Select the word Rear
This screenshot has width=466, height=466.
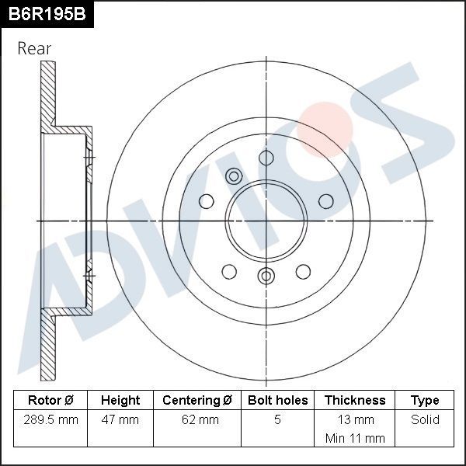34,48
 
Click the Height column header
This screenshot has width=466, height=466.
120,400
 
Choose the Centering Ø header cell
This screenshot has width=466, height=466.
197,400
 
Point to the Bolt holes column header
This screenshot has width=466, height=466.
277,400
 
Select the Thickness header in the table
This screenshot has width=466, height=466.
354,400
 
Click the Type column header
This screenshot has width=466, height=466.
425,400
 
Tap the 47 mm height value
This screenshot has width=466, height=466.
120,420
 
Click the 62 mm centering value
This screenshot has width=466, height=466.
197,420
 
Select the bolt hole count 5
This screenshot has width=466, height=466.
277,420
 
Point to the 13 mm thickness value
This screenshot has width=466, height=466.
354,420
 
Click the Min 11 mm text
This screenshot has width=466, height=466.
354,438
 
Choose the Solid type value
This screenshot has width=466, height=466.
425,420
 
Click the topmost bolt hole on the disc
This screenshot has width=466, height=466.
266,158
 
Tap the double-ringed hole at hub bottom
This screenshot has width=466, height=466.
266,276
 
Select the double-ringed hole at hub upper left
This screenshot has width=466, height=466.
234,176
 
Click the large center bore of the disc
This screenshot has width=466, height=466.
266,221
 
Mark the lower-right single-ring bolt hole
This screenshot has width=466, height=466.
304,271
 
